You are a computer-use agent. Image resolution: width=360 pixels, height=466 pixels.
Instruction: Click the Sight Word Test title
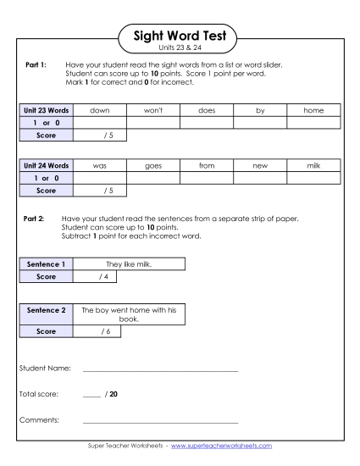click(180, 36)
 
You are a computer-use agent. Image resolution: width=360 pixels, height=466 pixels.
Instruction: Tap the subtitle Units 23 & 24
click(180, 48)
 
